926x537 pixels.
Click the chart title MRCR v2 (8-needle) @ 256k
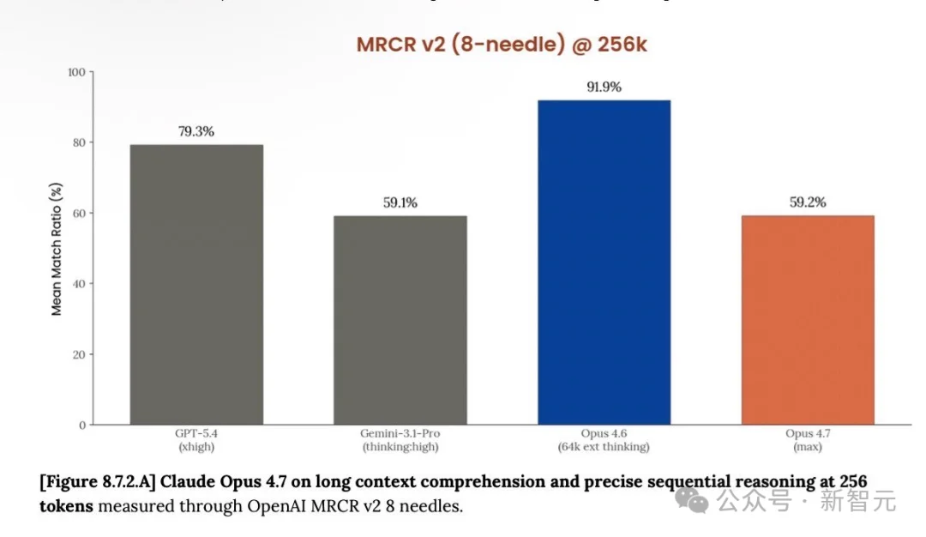(502, 45)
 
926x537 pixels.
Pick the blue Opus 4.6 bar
(604, 262)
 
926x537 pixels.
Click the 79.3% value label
(196, 132)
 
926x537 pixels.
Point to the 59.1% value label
(400, 203)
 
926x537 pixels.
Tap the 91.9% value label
(604, 87)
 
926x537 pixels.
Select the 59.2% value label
(807, 203)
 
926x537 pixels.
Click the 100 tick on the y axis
(76, 72)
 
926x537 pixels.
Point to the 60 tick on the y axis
(79, 213)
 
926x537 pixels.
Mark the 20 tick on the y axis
(79, 353)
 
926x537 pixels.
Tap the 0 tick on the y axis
(82, 425)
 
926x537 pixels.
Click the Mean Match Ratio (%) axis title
(57, 249)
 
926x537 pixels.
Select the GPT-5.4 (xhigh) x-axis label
(196, 440)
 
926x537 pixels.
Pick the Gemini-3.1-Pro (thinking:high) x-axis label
(400, 440)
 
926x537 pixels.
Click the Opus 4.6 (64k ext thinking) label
(604, 440)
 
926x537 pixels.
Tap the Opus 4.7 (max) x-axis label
(807, 440)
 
